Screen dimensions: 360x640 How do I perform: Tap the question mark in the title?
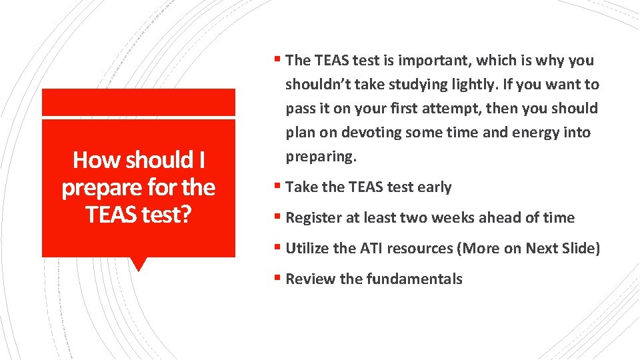click(188, 215)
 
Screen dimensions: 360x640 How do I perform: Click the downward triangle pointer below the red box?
click(139, 264)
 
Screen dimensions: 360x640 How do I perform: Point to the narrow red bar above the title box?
click(139, 102)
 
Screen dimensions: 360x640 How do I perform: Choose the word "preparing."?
click(321, 157)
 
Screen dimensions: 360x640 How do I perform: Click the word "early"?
click(434, 187)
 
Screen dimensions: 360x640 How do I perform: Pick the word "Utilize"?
click(307, 249)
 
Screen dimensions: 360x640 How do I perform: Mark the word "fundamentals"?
click(416, 279)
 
